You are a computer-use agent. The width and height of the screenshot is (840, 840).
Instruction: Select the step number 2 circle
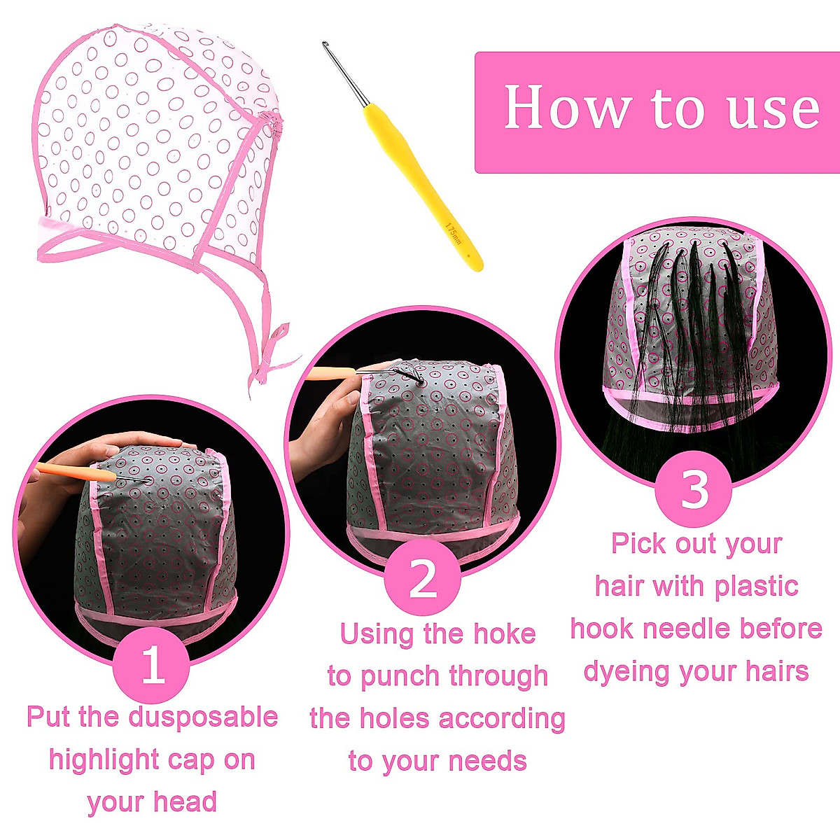click(x=423, y=578)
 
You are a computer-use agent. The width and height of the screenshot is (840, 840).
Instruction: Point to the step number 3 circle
click(x=694, y=489)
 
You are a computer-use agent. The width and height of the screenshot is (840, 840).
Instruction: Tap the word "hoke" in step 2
click(x=504, y=634)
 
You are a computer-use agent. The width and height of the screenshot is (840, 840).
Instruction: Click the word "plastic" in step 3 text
click(x=753, y=587)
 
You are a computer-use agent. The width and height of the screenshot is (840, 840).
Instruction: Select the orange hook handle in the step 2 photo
click(x=329, y=374)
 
